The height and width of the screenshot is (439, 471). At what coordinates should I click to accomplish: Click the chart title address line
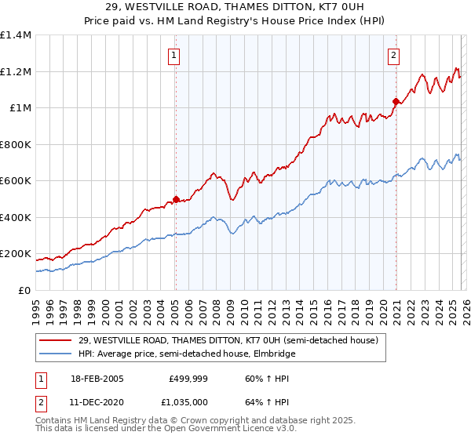click(235, 7)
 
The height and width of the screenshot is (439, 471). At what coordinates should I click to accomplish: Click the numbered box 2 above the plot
click(393, 55)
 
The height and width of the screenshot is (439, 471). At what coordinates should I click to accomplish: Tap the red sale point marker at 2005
click(176, 199)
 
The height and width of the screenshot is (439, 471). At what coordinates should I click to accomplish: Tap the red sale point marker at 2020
click(396, 101)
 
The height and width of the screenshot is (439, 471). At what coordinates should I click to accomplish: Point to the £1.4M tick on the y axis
click(16, 35)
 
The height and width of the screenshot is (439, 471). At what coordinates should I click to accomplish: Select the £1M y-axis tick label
click(20, 108)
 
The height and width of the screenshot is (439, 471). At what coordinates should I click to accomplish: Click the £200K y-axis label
click(16, 254)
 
